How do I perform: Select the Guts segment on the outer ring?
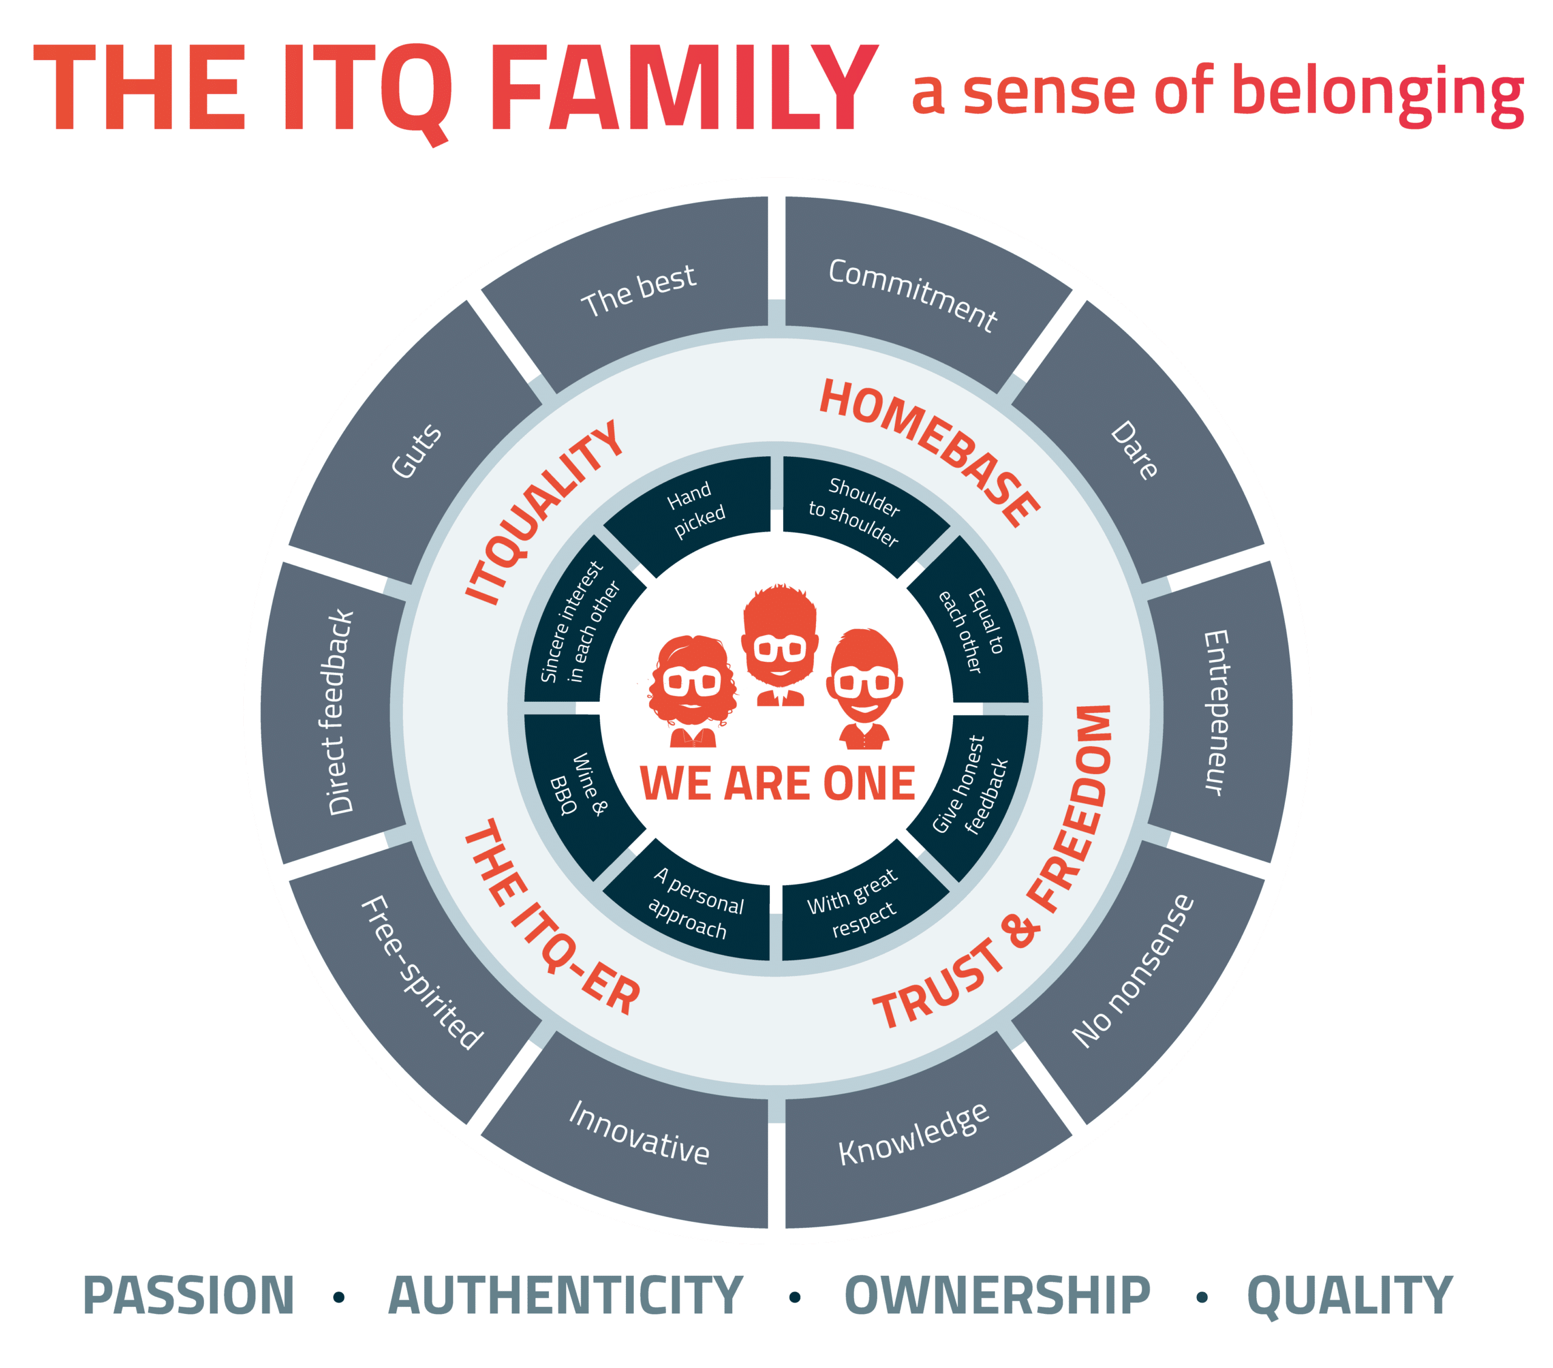click(416, 450)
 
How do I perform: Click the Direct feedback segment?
click(340, 712)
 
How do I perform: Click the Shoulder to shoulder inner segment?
click(855, 511)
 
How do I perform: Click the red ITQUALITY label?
click(543, 513)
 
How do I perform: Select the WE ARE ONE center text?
click(777, 784)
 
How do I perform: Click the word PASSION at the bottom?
click(189, 1296)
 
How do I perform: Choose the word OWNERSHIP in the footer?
click(997, 1296)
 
